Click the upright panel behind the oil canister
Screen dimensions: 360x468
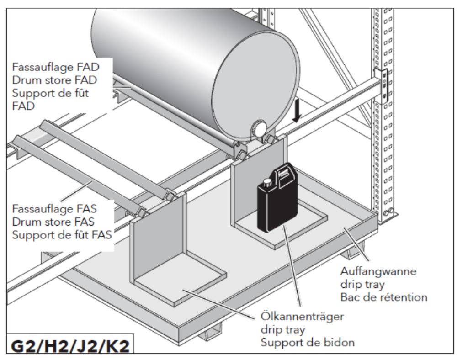(x=247, y=183)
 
